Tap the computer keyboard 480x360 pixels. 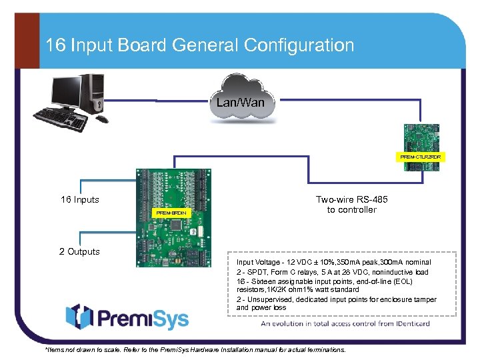[x=61, y=121]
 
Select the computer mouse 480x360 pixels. [x=101, y=119]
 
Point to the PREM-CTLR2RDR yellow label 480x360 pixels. [x=421, y=156]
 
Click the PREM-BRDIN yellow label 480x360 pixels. [x=171, y=213]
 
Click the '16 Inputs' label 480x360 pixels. [x=80, y=199]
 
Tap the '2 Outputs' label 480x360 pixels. [x=79, y=251]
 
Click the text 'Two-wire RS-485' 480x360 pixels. [x=351, y=199]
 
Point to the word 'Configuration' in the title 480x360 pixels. [x=299, y=45]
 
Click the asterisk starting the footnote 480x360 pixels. [x=45, y=349]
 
